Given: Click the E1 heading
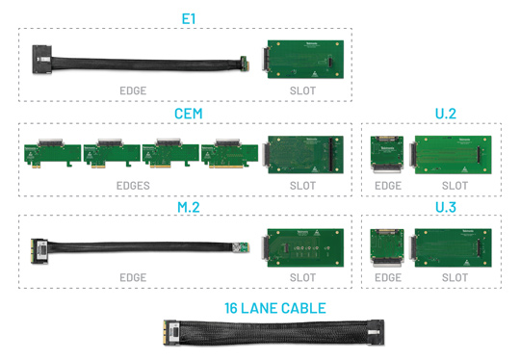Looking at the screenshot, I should point(189,18).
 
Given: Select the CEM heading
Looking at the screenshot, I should point(189,114).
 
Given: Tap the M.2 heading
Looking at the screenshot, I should point(189,206).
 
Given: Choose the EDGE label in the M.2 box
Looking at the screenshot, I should point(133,277).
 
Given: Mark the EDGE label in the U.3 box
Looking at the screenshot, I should point(387,277).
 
